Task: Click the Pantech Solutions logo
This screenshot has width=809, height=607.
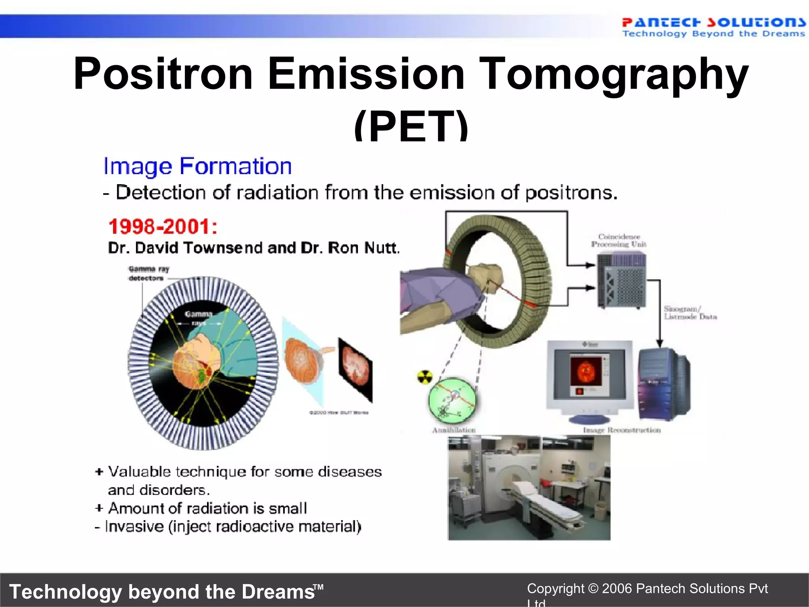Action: coord(713,27)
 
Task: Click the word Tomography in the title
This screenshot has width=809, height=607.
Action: coord(614,74)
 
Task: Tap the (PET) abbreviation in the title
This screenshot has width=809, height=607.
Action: coord(411,126)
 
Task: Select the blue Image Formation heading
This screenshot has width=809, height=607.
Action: coord(197,166)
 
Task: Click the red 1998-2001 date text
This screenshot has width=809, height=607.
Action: coord(162,226)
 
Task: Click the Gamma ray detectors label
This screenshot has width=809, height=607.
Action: coord(148,273)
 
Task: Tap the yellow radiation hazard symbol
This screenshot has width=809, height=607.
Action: coord(425,377)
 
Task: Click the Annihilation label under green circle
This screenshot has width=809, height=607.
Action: coord(453,430)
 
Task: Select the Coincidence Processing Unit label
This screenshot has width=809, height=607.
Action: coord(619,240)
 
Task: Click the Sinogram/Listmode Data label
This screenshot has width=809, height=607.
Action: coord(690,313)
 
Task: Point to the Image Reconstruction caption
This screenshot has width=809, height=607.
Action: coord(622,430)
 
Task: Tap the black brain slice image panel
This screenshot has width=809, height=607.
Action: coord(355,369)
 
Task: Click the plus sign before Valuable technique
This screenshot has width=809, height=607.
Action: coord(99,471)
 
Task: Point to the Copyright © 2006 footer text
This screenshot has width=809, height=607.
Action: coord(647,589)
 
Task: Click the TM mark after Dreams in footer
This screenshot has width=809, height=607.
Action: coord(318,587)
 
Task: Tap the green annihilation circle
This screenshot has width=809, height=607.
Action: coord(452,400)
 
